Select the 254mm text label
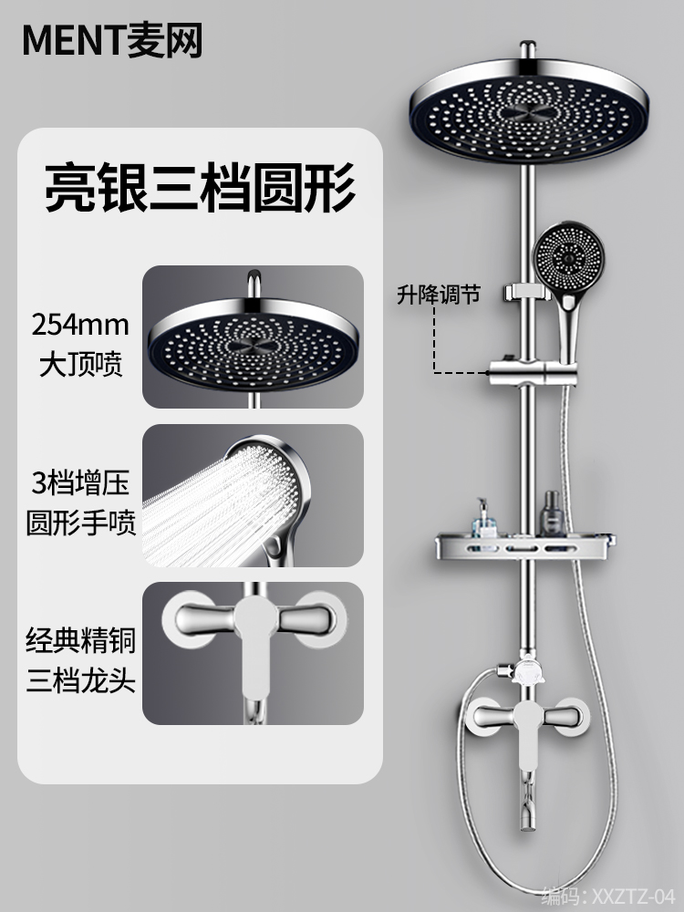coord(80,324)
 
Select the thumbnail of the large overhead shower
coord(253,336)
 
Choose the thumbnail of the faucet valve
coord(253,655)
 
